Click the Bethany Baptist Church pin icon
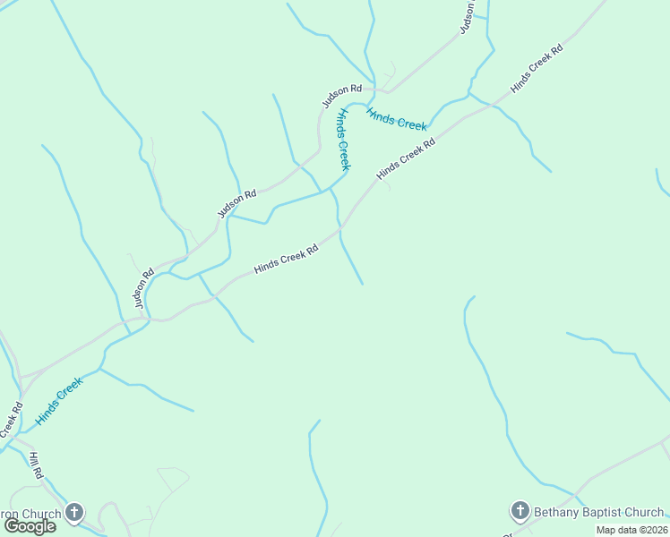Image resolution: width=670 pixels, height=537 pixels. pos(520,511)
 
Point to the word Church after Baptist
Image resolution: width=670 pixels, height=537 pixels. pos(645,513)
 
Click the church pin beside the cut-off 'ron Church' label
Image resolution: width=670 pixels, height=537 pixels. pos(74,513)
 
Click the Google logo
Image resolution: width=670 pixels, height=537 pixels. pos(30,526)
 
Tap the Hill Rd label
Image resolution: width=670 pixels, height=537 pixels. pos(36,466)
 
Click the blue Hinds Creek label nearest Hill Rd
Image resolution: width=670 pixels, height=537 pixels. pos(59,400)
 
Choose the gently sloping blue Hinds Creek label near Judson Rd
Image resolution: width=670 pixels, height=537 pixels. pos(396,119)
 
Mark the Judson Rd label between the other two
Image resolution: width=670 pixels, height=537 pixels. pos(236,204)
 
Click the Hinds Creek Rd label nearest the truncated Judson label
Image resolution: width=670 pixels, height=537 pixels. pos(536,68)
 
